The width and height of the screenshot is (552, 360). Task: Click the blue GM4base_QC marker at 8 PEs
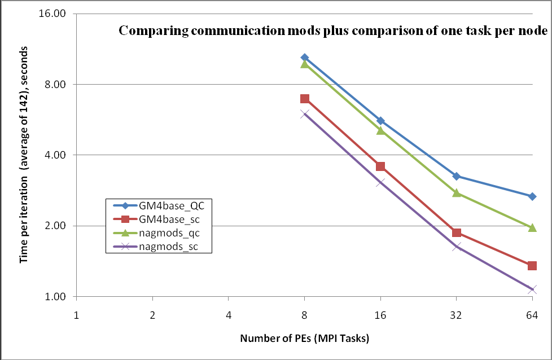305,58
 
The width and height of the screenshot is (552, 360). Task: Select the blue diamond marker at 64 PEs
532,196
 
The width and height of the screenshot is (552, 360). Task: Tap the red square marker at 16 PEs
380,166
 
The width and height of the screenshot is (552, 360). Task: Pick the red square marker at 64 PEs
532,266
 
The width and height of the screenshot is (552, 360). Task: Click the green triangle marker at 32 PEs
456,193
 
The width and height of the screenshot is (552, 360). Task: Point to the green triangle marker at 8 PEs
305,64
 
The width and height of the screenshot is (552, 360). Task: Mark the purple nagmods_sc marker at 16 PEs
380,182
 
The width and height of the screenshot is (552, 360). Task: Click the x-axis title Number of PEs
304,339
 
